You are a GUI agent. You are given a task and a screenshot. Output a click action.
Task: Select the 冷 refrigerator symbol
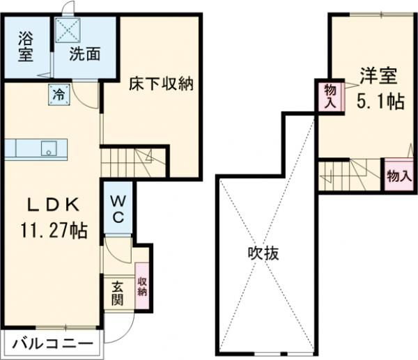[x=58, y=94]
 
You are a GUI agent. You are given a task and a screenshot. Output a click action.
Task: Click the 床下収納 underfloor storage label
[x=160, y=86]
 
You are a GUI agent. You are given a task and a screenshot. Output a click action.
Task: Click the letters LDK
[x=52, y=205]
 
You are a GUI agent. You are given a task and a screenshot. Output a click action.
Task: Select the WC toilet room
[x=117, y=208]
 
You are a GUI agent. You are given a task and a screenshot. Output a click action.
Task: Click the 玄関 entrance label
[x=116, y=292]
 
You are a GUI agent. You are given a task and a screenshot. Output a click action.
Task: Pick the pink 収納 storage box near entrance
[x=142, y=286]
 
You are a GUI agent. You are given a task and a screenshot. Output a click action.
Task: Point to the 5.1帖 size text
[x=380, y=102]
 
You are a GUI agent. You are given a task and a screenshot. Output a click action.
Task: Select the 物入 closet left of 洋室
[x=330, y=95]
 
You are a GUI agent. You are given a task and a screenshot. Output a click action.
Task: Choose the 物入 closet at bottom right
[x=398, y=175]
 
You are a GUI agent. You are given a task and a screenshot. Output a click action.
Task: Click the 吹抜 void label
[x=264, y=253]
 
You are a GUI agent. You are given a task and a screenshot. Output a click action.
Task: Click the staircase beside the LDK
[x=126, y=162]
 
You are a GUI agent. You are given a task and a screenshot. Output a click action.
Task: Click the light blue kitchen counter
[x=36, y=148]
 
